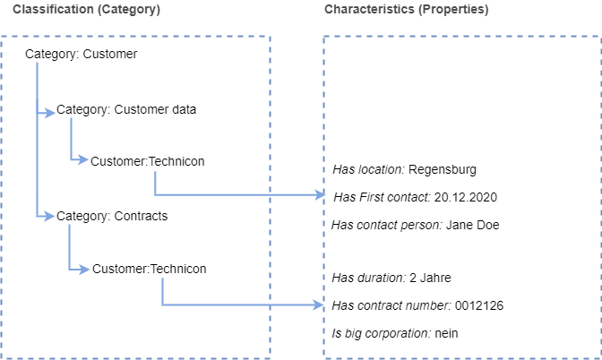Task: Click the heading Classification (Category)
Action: point(86,10)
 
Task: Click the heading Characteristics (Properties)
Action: point(406,10)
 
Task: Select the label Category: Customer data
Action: point(126,110)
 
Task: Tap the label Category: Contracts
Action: point(112,217)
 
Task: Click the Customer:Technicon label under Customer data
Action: point(148,161)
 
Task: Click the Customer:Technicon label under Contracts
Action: point(150,269)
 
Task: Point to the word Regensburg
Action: point(443,169)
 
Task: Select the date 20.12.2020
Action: point(466,197)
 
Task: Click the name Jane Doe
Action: point(473,225)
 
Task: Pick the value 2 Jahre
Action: point(430,278)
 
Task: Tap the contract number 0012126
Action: point(479,305)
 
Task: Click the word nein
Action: point(446,333)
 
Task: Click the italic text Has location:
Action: point(368,169)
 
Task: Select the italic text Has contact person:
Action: point(387,225)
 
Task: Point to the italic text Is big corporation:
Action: point(382,333)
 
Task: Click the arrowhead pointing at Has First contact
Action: point(320,195)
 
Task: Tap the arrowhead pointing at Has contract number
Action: point(319,305)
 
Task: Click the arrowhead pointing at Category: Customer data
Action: point(50,113)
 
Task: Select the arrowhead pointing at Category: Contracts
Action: point(48,217)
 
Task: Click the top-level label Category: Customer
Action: point(81,54)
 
